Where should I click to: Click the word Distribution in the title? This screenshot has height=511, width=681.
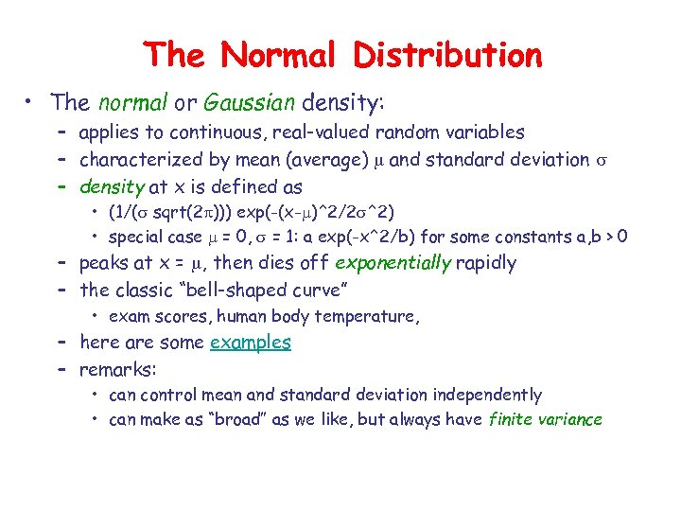[447, 55]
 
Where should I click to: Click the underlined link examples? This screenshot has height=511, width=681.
[250, 342]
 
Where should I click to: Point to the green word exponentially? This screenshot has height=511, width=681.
[393, 262]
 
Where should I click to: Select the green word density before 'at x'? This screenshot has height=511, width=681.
[112, 186]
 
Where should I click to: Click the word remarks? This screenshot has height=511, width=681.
[118, 368]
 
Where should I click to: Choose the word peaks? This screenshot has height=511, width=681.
[104, 262]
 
